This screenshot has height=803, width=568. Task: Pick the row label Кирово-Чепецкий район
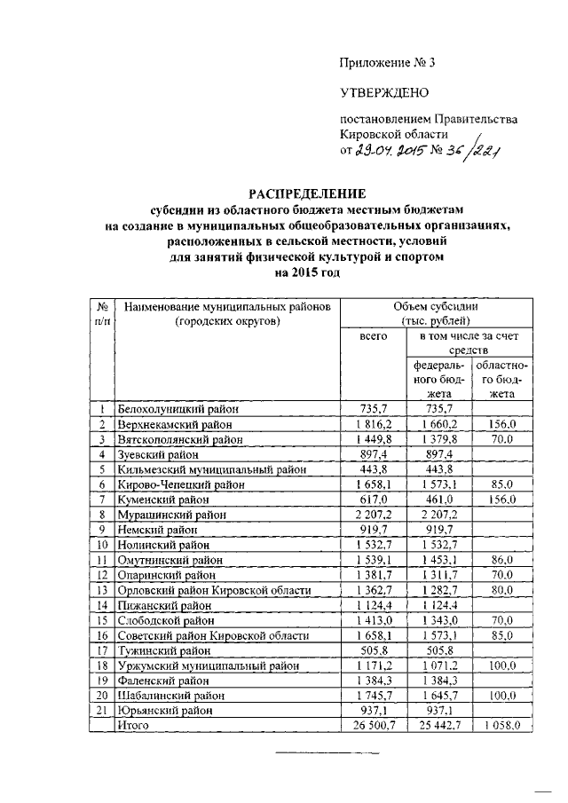(x=181, y=484)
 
